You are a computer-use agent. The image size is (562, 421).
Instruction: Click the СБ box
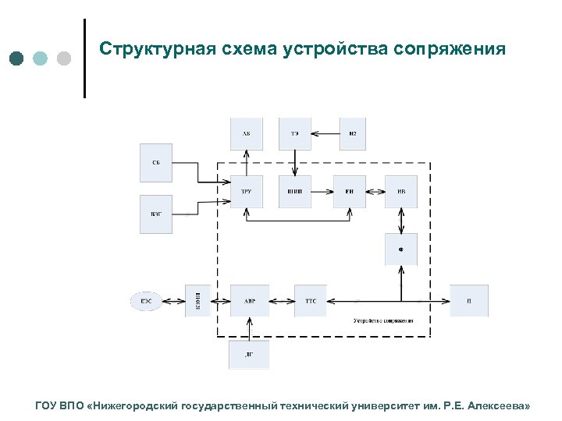[x=156, y=163]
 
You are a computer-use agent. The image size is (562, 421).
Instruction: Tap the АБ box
[x=247, y=134]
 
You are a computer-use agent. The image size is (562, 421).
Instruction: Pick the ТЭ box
[x=295, y=134]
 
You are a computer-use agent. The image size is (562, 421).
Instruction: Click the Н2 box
[x=353, y=134]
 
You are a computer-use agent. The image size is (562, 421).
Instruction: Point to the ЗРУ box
[x=247, y=191]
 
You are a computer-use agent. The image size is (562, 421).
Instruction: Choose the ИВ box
[x=401, y=191]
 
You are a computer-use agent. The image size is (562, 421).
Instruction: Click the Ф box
[x=401, y=249]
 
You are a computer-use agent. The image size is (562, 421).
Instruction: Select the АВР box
[x=249, y=300]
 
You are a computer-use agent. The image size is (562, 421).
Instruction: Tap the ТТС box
[x=311, y=300]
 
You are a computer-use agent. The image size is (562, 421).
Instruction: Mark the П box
[x=469, y=300]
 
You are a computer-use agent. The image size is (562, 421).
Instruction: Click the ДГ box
[x=249, y=354]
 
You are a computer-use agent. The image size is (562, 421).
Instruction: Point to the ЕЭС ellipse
[x=147, y=300]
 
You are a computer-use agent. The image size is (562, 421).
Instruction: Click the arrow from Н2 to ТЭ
[x=325, y=134]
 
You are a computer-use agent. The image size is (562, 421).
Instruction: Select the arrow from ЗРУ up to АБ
[x=247, y=163]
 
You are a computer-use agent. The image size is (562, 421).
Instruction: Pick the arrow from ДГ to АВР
[x=249, y=328]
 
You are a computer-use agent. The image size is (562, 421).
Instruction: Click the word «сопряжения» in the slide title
[x=450, y=50]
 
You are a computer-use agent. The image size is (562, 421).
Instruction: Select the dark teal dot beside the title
[x=18, y=58]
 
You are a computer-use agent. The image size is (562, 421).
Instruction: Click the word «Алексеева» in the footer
[x=500, y=406]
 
